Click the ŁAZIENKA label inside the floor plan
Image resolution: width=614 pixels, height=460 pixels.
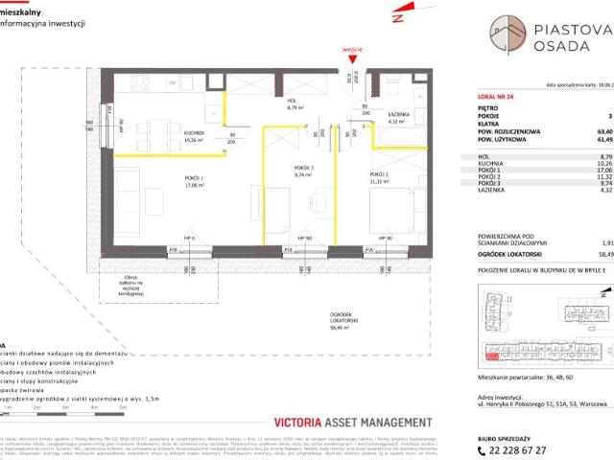(401, 116)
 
